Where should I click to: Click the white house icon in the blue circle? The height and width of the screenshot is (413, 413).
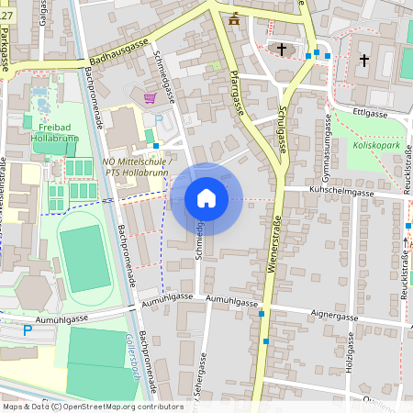(206, 198)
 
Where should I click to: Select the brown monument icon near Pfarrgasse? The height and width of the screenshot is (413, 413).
(234, 17)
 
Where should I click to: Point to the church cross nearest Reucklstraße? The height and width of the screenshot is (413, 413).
(364, 61)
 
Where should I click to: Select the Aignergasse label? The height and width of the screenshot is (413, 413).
(334, 316)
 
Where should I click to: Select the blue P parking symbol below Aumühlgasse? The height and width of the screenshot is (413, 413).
(27, 329)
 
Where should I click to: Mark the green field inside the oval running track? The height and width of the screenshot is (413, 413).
(85, 261)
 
